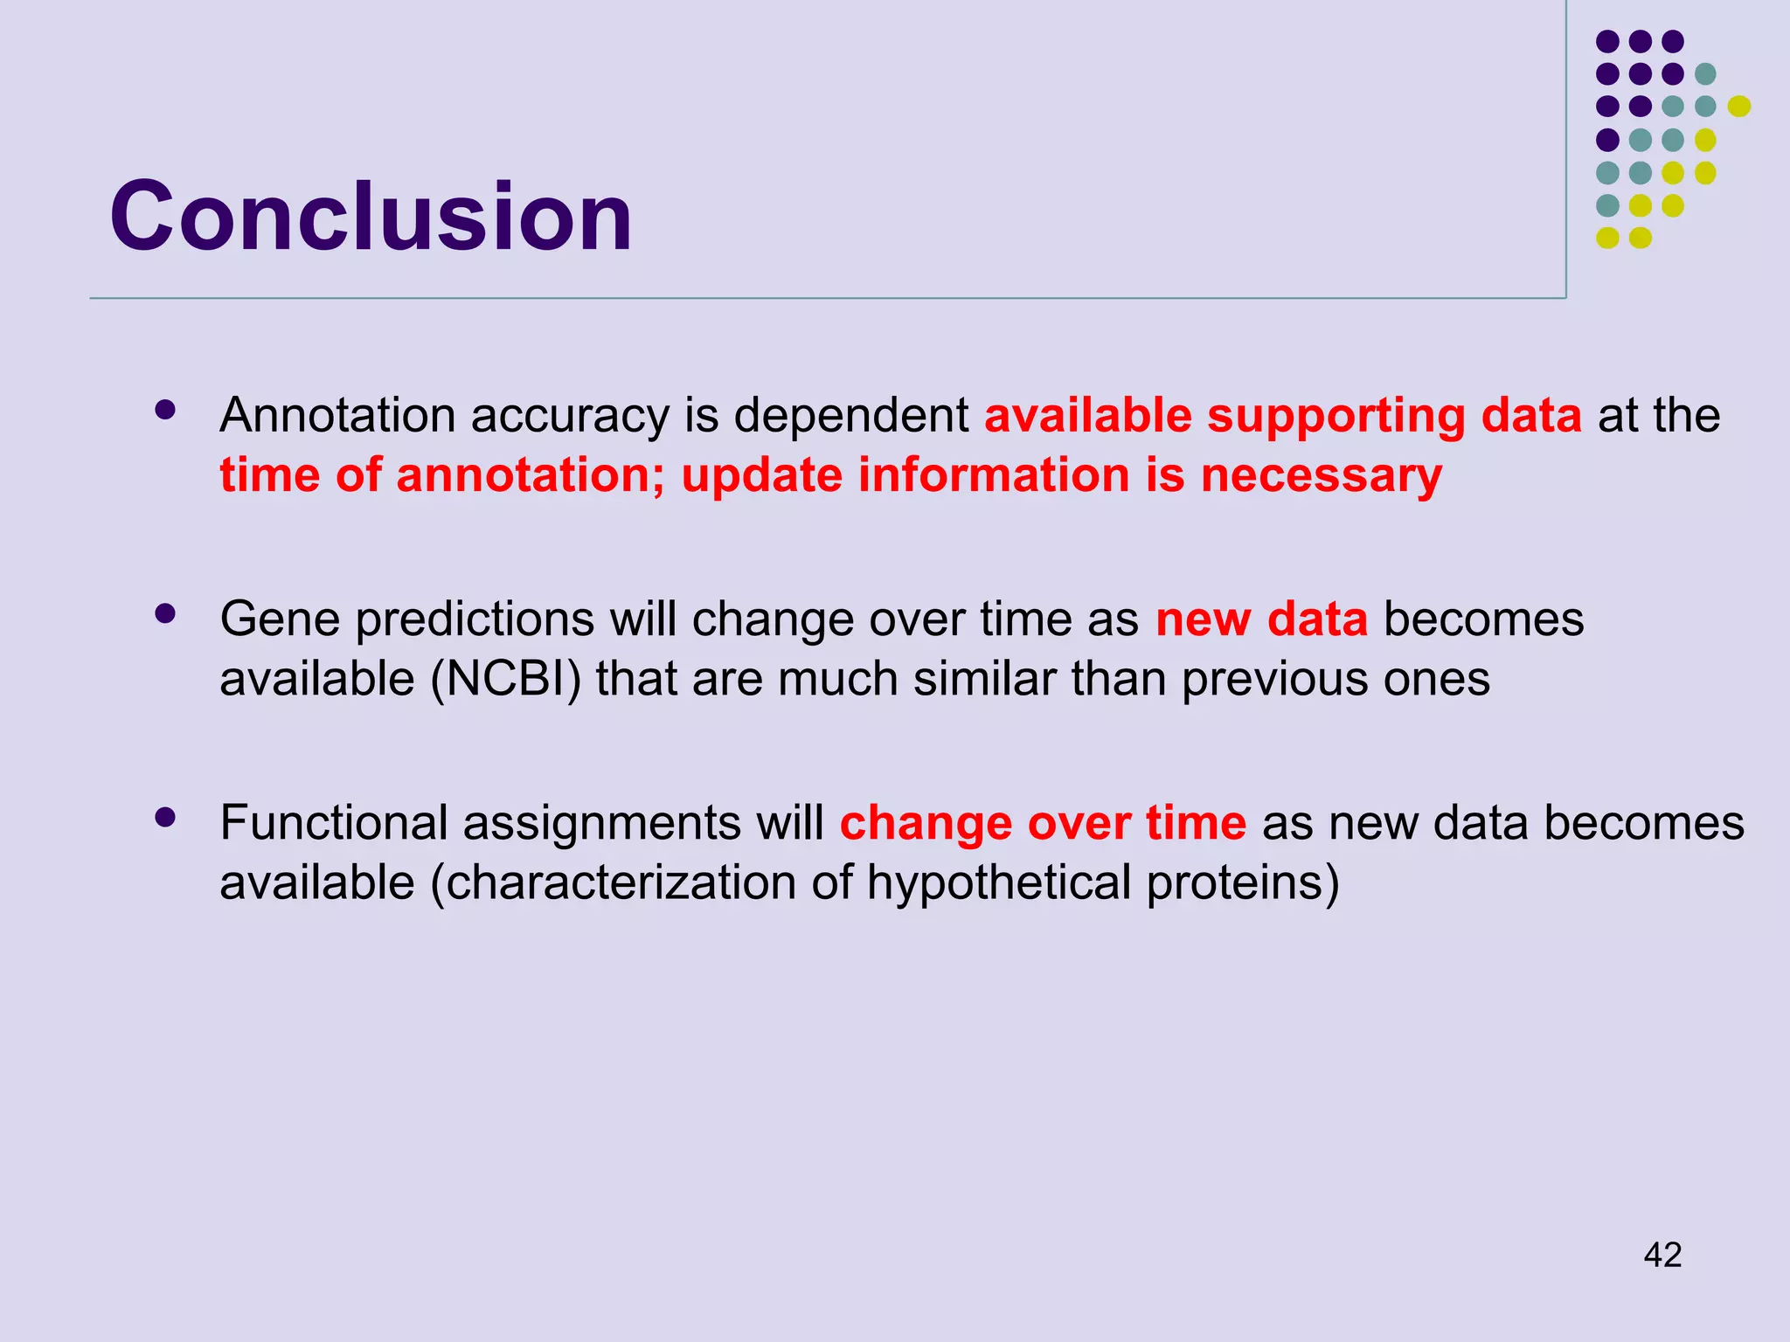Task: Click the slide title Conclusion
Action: (x=371, y=217)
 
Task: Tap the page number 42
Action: (x=1662, y=1256)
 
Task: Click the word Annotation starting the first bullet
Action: (x=337, y=415)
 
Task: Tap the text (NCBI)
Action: (x=505, y=679)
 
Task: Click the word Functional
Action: (x=333, y=823)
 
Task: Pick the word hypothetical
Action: (x=999, y=883)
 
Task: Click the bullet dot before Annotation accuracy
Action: (x=164, y=410)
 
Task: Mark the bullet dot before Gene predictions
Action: (x=164, y=613)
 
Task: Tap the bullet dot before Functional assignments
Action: (x=164, y=818)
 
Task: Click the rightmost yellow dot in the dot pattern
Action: (x=1738, y=107)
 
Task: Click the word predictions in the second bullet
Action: (x=475, y=619)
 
